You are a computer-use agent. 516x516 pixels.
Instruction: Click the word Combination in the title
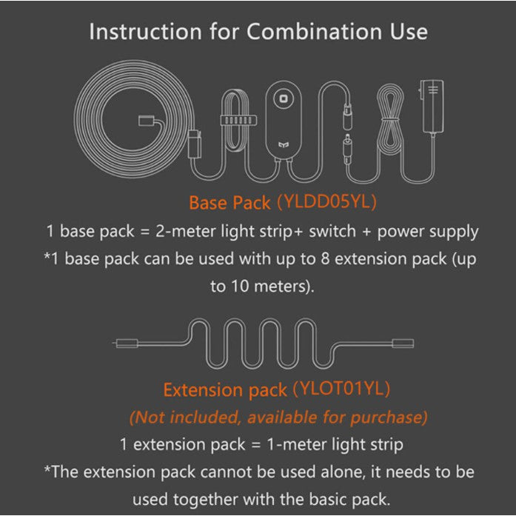(315, 32)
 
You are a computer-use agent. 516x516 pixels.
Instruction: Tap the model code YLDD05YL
(327, 201)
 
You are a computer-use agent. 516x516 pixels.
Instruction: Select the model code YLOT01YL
(341, 389)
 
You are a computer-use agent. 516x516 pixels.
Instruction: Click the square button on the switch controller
(284, 98)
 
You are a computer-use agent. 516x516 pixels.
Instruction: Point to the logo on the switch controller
(284, 144)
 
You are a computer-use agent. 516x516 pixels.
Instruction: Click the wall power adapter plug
(432, 106)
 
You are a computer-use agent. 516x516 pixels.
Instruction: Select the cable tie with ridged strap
(238, 121)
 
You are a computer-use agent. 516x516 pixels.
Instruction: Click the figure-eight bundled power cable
(390, 119)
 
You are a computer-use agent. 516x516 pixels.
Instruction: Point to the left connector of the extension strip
(126, 344)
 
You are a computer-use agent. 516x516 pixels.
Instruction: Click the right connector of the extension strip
(403, 344)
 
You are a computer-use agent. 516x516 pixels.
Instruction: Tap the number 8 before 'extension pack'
(325, 258)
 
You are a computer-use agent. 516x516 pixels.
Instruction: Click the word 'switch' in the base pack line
(332, 231)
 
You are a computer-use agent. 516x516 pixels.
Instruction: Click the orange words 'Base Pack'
(229, 202)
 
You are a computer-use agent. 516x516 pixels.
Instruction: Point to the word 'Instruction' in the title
(145, 32)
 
